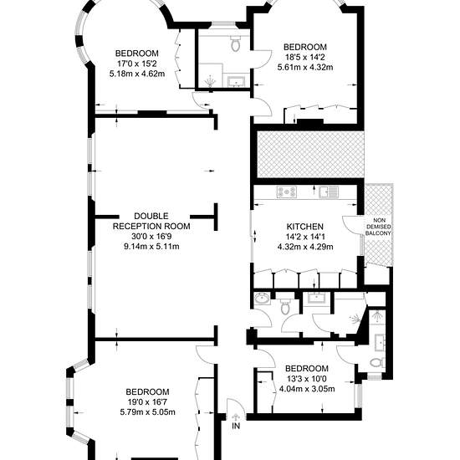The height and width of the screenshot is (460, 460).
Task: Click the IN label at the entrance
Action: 236,426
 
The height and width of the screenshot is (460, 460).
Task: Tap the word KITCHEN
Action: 305,227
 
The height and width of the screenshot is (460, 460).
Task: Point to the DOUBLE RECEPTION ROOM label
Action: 151,221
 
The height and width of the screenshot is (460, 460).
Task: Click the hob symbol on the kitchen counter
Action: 287,192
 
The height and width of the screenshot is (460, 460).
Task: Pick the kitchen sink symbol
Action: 329,192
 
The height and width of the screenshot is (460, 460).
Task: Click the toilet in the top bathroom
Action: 236,43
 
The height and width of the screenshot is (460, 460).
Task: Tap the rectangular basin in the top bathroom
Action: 236,81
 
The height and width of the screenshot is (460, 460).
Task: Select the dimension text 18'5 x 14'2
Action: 305,57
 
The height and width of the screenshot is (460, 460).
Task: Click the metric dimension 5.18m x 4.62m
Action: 137,74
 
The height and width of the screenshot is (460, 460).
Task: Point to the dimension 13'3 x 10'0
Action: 307,379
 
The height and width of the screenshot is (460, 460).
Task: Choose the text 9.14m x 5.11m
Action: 151,247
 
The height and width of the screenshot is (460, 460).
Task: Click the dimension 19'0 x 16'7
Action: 147,402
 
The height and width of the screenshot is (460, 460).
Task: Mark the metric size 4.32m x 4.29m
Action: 305,247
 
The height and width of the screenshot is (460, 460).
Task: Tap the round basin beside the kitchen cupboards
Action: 262,299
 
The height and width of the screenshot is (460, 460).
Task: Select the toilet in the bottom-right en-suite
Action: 377,362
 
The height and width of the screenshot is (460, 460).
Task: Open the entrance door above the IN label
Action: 235,406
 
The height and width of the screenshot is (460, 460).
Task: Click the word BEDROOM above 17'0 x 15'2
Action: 137,54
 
